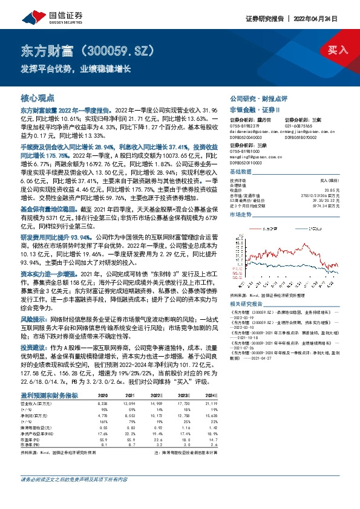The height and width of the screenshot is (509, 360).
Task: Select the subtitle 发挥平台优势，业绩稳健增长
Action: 76,68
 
